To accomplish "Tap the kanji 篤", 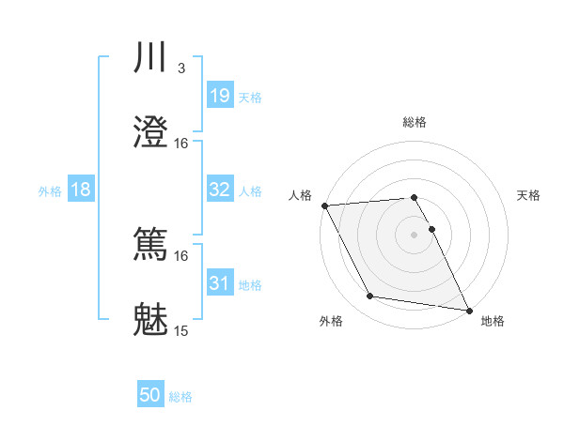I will point(151,245).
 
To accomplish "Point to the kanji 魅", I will point(151,320).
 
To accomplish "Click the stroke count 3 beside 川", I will point(181,68).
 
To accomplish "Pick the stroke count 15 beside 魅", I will point(181,330).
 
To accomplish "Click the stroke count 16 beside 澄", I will point(181,143).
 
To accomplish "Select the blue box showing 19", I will point(219,96).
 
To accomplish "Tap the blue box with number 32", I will point(219,190).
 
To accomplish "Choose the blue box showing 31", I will point(219,283).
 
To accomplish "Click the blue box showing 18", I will point(81,190).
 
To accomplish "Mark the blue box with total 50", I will point(150,396).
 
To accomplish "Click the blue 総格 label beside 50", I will point(181,397).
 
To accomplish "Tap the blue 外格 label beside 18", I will point(50,190).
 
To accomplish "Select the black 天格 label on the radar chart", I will point(529,195).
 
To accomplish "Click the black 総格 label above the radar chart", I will point(415,122).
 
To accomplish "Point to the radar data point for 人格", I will point(324,205).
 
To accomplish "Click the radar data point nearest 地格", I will point(468,310).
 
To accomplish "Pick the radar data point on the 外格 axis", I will point(370,297).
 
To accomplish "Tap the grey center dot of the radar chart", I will point(415,234).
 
